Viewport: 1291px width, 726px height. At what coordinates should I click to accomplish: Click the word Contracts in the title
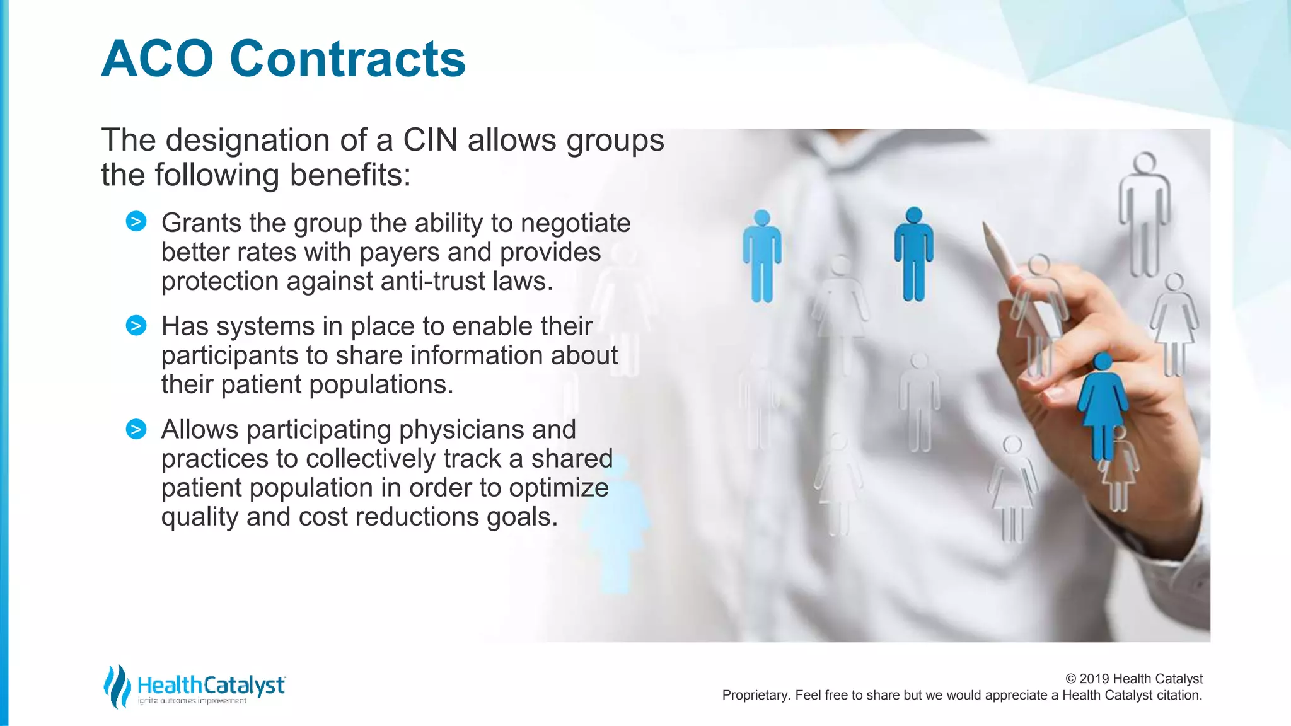click(347, 59)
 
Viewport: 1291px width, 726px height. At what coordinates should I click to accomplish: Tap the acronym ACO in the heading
click(158, 59)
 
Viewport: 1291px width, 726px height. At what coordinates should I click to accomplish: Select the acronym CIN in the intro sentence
click(430, 140)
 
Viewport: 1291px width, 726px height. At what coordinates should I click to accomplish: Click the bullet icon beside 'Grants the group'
click(136, 222)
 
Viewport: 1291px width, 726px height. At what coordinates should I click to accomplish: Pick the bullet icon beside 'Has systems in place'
click(136, 325)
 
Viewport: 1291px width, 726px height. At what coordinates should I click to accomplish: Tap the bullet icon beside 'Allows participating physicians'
click(136, 429)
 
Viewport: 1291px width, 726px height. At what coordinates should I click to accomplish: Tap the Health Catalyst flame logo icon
click(117, 686)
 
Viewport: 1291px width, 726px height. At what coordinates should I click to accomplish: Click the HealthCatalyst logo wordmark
click(211, 685)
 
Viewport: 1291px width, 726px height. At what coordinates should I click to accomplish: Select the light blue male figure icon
click(762, 256)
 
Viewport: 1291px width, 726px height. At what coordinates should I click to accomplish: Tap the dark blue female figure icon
click(1103, 403)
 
